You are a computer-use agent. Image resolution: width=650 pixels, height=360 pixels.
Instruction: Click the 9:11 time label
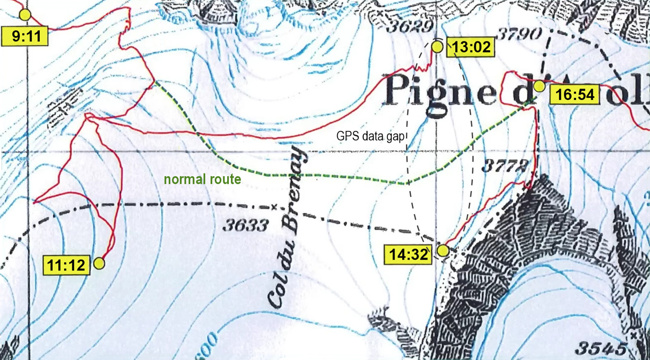point(25,36)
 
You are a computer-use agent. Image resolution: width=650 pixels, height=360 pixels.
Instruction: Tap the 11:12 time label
point(67,265)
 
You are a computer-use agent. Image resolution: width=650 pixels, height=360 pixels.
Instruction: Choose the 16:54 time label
point(573,94)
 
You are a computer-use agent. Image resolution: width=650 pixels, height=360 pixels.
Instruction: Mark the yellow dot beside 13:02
point(437,46)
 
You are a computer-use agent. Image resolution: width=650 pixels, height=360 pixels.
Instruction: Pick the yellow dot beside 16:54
point(539,87)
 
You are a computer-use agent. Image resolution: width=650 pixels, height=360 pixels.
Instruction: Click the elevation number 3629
point(406,27)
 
